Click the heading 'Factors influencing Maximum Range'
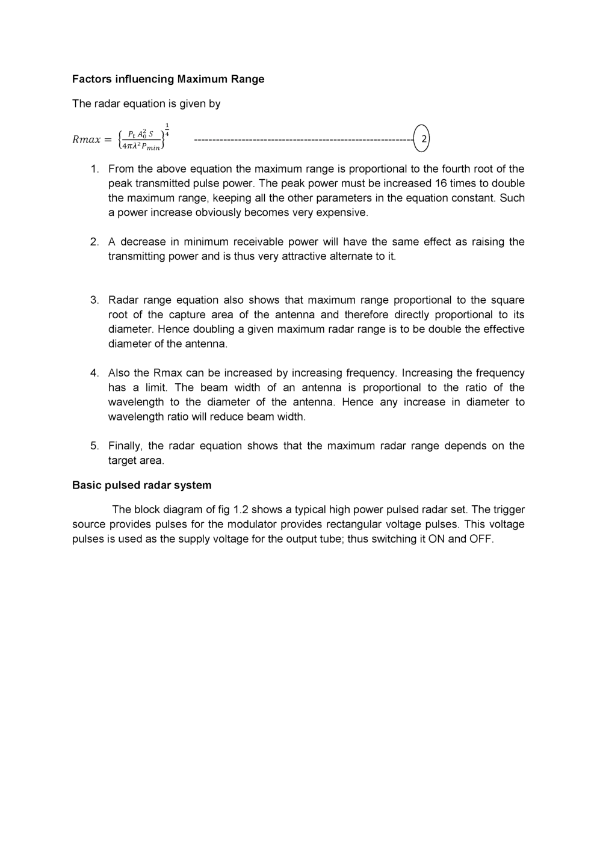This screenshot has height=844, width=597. (x=168, y=79)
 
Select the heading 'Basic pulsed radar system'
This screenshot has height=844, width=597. (x=141, y=485)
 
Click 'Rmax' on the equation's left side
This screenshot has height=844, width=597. (x=86, y=140)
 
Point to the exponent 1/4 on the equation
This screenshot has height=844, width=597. (x=167, y=129)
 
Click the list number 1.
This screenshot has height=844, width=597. (x=94, y=169)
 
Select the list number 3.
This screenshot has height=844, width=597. (x=94, y=300)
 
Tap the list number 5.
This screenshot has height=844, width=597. (x=94, y=446)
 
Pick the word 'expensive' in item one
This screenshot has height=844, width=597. (x=341, y=212)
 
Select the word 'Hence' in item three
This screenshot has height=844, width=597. (x=173, y=329)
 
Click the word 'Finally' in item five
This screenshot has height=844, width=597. (x=124, y=446)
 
